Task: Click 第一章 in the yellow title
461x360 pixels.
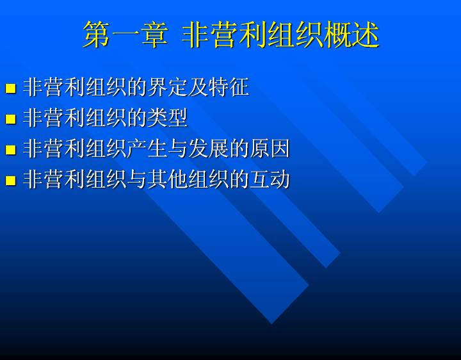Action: tap(125, 35)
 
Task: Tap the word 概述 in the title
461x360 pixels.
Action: tap(350, 35)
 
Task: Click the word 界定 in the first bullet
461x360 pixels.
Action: tap(167, 87)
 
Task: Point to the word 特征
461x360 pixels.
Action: tap(228, 87)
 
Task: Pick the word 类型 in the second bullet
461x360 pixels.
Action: tap(167, 118)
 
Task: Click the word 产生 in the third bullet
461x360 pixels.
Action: tap(147, 148)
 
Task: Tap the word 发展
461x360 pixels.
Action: tap(208, 148)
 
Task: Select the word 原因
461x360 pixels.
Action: tap(270, 148)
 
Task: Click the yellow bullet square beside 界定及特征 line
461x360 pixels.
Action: tap(11, 88)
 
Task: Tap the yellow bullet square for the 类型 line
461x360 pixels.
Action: tap(11, 119)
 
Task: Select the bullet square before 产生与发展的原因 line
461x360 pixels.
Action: tap(11, 149)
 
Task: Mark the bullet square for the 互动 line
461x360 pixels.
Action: tap(11, 180)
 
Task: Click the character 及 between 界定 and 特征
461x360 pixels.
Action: tap(198, 87)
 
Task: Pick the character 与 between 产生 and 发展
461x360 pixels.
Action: tap(177, 148)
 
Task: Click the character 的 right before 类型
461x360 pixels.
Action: tap(136, 118)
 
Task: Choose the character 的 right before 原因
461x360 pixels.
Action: tap(239, 148)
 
